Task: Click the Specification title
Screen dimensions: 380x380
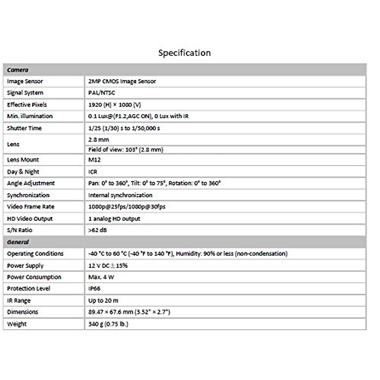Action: pyautogui.click(x=184, y=53)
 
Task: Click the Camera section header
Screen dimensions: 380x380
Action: pyautogui.click(x=18, y=70)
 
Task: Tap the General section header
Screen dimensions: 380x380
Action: pyautogui.click(x=18, y=242)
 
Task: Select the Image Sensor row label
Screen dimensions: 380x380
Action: pyautogui.click(x=25, y=81)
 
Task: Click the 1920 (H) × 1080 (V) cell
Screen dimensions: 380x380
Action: pyautogui.click(x=115, y=104)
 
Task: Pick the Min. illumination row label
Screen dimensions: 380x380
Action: pyautogui.click(x=30, y=116)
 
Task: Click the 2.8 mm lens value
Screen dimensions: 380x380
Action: pyautogui.click(x=98, y=140)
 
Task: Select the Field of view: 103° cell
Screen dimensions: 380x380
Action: pyautogui.click(x=126, y=149)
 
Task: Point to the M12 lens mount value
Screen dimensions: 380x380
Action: pyautogui.click(x=94, y=160)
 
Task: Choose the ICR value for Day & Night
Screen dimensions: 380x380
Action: pyautogui.click(x=93, y=172)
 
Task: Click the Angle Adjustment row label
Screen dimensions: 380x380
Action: pyautogui.click(x=31, y=183)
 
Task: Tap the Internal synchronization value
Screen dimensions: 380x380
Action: pyautogui.click(x=120, y=195)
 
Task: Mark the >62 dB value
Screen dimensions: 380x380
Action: pyautogui.click(x=98, y=230)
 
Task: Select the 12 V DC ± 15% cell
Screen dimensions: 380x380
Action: pyautogui.click(x=108, y=265)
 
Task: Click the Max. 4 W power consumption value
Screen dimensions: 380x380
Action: pyautogui.click(x=101, y=277)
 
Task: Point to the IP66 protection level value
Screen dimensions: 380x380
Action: pyautogui.click(x=94, y=288)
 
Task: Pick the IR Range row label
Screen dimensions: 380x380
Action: pyautogui.click(x=19, y=301)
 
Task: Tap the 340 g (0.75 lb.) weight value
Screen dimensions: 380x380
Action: pyautogui.click(x=108, y=324)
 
